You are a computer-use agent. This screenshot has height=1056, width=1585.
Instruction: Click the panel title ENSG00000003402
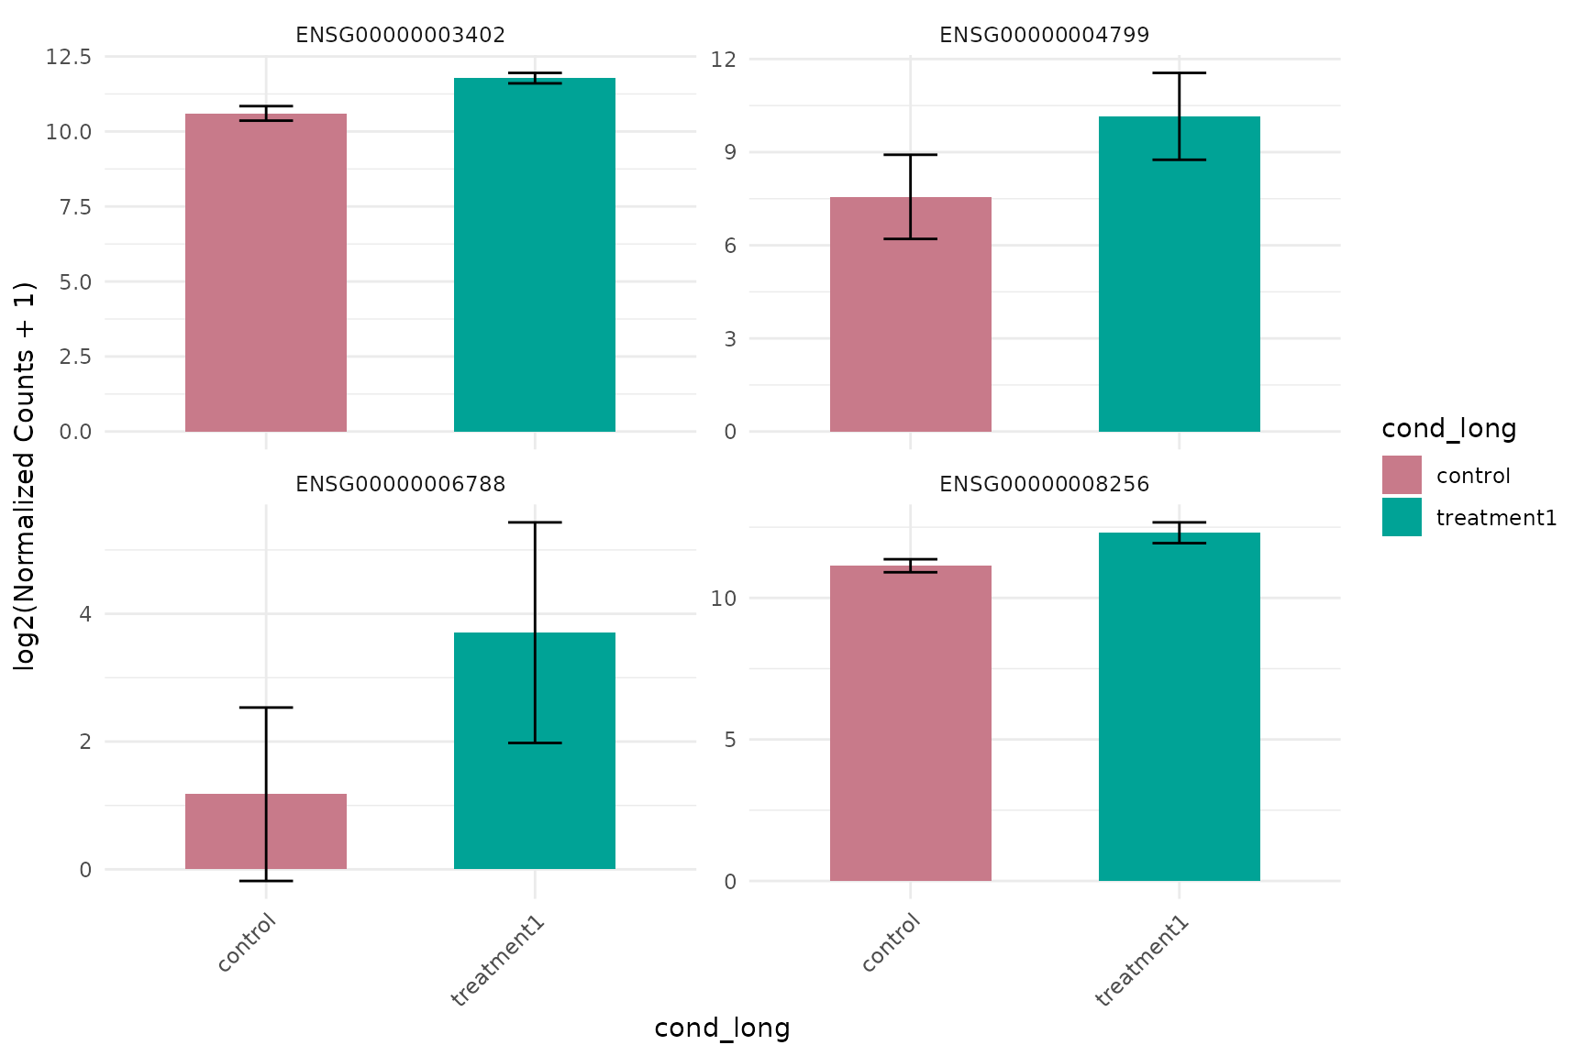coord(400,36)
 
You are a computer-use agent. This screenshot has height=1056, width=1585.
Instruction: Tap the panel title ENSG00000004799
coord(1044,36)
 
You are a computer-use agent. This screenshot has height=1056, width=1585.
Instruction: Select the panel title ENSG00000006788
coord(400,484)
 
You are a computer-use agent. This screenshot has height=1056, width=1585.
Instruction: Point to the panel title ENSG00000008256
coord(1044,484)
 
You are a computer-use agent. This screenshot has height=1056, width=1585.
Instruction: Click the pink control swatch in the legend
coord(1402,475)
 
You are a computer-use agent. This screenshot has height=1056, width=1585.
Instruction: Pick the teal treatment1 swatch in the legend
coord(1402,517)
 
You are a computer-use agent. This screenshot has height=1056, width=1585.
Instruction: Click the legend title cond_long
coord(1448,429)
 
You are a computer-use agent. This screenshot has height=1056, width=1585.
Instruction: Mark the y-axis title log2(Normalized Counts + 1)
coord(25,477)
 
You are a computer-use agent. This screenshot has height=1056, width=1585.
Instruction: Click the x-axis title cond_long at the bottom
coord(722,1028)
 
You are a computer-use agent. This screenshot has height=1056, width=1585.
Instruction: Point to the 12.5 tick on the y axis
coord(69,57)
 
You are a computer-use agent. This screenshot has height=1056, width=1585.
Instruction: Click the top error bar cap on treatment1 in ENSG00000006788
coord(535,522)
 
